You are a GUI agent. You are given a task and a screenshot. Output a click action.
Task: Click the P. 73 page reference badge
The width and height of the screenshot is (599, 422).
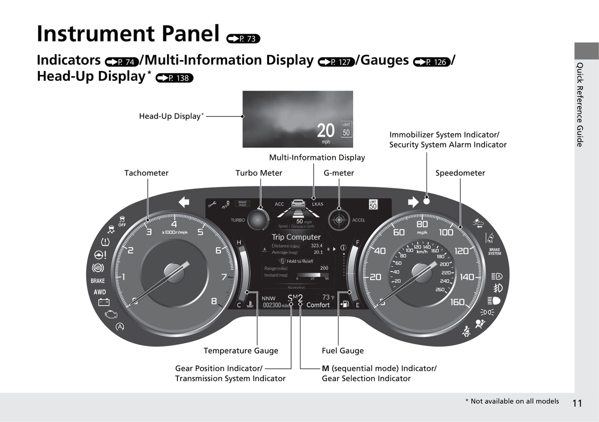[243, 39]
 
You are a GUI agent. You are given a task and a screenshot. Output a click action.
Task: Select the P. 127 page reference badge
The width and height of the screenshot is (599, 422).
[336, 62]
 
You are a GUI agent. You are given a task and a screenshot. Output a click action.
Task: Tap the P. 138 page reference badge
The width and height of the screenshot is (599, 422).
[174, 78]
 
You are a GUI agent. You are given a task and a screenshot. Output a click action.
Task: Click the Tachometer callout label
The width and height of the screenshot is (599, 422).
[146, 173]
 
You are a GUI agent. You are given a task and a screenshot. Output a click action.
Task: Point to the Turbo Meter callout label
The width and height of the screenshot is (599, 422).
[259, 173]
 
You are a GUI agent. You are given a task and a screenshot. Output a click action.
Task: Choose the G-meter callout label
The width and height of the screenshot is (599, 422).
[339, 173]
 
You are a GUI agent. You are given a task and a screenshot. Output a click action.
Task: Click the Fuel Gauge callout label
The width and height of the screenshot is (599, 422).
[342, 351]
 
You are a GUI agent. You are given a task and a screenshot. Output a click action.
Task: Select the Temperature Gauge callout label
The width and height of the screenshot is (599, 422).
[241, 351]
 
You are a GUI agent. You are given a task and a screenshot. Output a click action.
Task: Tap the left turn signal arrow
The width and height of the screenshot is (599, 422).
[184, 202]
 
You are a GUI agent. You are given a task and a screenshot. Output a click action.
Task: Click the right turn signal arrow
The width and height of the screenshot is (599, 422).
[413, 202]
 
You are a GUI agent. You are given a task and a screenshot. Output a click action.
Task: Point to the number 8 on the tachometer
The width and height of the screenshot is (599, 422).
[214, 301]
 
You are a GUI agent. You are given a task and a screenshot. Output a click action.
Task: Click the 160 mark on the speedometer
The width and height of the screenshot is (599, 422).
[457, 302]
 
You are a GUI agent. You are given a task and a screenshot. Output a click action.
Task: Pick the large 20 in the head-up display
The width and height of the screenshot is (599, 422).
[325, 131]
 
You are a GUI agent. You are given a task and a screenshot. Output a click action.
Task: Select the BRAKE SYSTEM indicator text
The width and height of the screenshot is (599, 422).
[495, 251]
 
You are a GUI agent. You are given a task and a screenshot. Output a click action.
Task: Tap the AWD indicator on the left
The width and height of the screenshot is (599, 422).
[99, 292]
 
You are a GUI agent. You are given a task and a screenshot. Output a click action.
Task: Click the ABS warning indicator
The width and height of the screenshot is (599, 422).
[98, 268]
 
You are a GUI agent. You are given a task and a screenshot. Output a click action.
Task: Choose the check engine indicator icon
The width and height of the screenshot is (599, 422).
[111, 315]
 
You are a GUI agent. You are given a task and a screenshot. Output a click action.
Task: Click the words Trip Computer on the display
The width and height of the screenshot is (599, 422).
[296, 237]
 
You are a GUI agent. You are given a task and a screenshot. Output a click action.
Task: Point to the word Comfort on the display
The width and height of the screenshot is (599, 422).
[318, 305]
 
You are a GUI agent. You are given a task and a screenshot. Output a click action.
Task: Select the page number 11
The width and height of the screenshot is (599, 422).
[577, 403]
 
